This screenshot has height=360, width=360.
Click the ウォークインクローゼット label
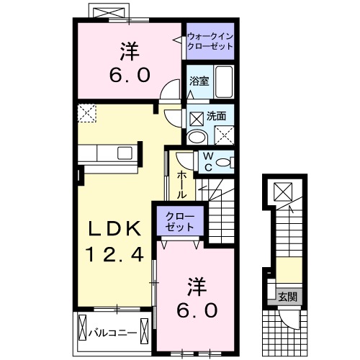pos(210,40)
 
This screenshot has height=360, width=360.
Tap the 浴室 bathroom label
pos(199,82)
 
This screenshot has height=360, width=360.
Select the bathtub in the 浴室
pos(224,82)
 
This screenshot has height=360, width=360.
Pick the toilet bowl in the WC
pos(225,163)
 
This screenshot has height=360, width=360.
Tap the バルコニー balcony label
pos(115,333)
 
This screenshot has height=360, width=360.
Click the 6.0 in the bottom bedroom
pos(195,311)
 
